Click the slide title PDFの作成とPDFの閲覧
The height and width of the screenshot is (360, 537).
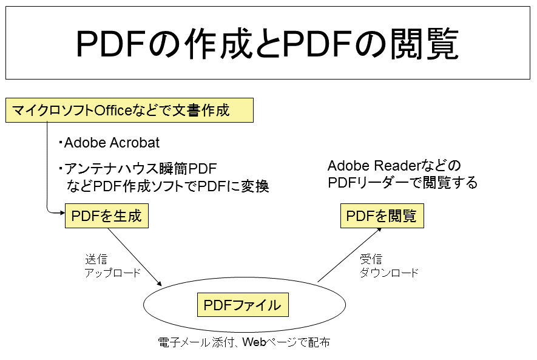pos(268,44)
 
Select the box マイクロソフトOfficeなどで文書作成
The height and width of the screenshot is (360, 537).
pos(129,110)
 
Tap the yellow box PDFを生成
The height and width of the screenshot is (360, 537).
pos(106,216)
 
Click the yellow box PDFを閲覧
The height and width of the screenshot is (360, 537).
pos(382,216)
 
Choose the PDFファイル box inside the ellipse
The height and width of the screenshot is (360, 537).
pos(242,305)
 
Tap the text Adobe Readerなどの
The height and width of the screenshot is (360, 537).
pos(394,166)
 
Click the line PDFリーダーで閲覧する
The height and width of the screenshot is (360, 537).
pos(402,182)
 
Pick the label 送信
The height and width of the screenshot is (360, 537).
pos(96,259)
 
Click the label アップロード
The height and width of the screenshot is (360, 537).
pos(113,273)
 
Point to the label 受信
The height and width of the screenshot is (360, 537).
pos(371,259)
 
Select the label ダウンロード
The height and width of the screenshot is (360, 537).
pos(389,273)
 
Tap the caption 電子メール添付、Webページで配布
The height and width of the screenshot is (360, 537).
pos(244,342)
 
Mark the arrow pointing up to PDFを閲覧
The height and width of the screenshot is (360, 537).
pos(350,255)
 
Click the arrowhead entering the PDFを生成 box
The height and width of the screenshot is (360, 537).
pos(61,212)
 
